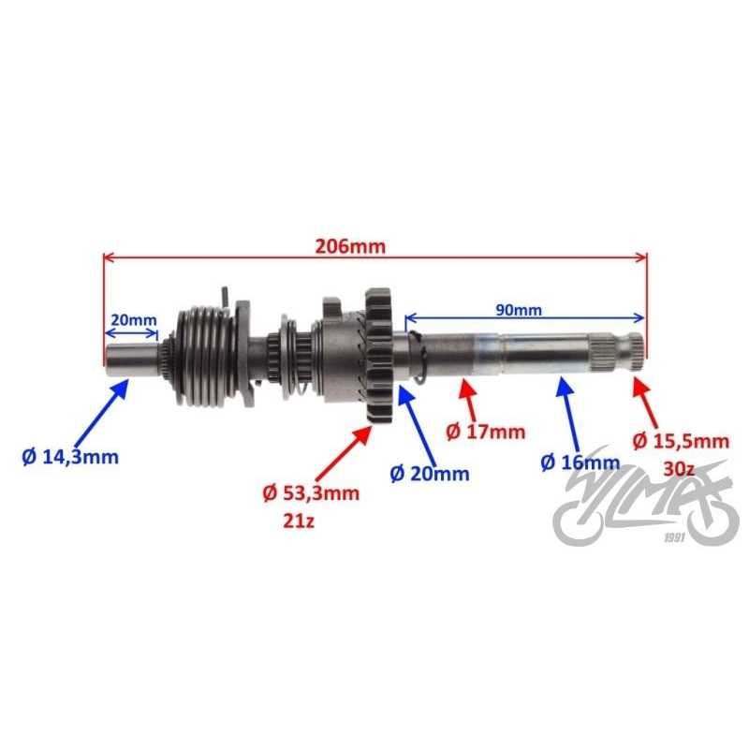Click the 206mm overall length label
click(349, 246)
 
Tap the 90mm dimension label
click(519, 310)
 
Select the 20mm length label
click(134, 319)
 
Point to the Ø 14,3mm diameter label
click(70, 457)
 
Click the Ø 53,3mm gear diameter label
click(311, 492)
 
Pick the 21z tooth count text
click(299, 521)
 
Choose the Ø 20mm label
click(430, 474)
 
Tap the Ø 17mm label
click(485, 432)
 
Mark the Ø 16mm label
click(580, 462)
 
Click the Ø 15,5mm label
click(682, 441)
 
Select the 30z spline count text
click(678, 469)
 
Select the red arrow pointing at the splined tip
click(645, 403)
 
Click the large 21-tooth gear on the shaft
click(378, 356)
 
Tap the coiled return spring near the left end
click(207, 356)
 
